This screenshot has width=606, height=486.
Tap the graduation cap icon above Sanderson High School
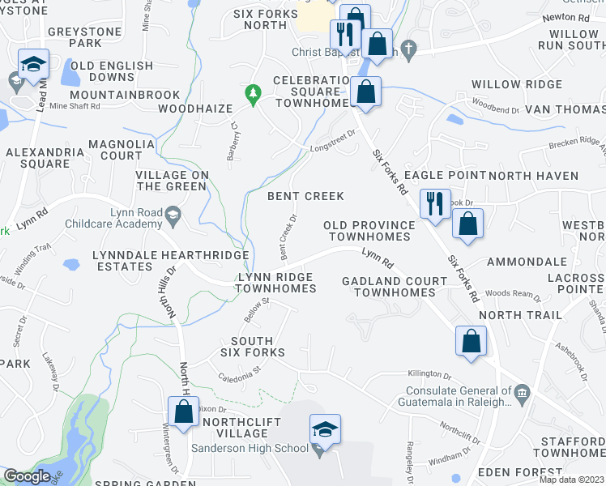pos(324,429)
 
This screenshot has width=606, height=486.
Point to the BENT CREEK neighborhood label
pos(306,196)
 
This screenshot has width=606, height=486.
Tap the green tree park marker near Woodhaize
pos(254,94)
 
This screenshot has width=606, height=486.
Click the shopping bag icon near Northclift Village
pos(184,412)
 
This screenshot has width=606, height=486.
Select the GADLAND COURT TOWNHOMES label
pos(395,287)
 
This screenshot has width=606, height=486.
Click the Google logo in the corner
pos(27,476)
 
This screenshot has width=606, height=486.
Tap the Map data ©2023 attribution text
pos(570,480)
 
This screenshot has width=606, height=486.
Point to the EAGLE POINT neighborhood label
pos(444,176)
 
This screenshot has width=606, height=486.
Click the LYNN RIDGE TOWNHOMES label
pos(276,283)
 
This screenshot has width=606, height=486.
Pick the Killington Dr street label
pos(430,375)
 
